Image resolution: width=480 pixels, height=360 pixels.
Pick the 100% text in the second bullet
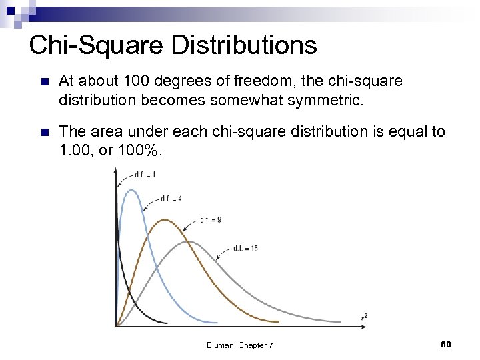[139, 150]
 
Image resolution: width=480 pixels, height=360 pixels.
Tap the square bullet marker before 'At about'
[44, 82]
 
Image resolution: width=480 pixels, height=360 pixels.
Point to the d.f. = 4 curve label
[171, 199]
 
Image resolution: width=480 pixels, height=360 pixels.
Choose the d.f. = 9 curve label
[211, 219]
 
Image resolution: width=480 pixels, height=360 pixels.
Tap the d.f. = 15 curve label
[245, 248]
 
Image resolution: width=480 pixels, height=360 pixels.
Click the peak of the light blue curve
[132, 190]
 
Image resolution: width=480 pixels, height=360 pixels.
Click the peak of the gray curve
[191, 241]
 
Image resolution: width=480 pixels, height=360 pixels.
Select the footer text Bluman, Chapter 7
[239, 345]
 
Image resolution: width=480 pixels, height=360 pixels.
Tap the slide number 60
[446, 344]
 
